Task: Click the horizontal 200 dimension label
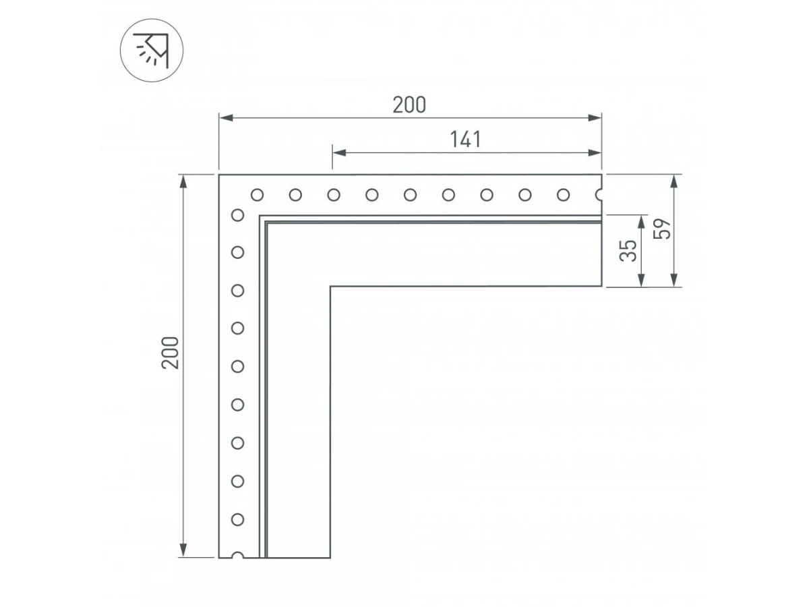click(409, 105)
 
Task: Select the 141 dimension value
click(466, 140)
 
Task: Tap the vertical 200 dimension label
click(171, 353)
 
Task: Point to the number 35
click(628, 251)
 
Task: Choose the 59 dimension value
click(662, 229)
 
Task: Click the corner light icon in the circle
click(152, 51)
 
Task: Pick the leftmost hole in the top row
click(258, 195)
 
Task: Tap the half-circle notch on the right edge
click(599, 195)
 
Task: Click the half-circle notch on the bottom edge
click(238, 554)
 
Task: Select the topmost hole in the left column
click(238, 215)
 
